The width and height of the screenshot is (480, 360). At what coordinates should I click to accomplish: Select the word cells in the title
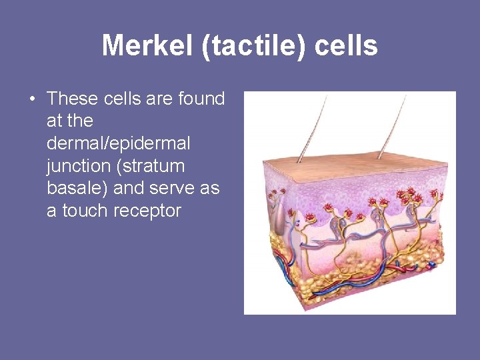[x=346, y=46]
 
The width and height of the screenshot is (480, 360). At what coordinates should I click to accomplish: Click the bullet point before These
[x=32, y=99]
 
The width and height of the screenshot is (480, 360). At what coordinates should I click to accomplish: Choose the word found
[x=202, y=99]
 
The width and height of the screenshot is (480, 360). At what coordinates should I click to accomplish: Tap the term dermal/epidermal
[x=119, y=143]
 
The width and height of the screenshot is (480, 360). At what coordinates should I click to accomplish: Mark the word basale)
[x=78, y=188]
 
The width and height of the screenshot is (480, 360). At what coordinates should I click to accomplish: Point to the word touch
[x=85, y=211]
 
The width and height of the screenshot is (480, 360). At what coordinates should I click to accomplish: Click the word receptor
[x=147, y=211]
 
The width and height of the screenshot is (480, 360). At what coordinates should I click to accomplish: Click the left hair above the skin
[x=314, y=127]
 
